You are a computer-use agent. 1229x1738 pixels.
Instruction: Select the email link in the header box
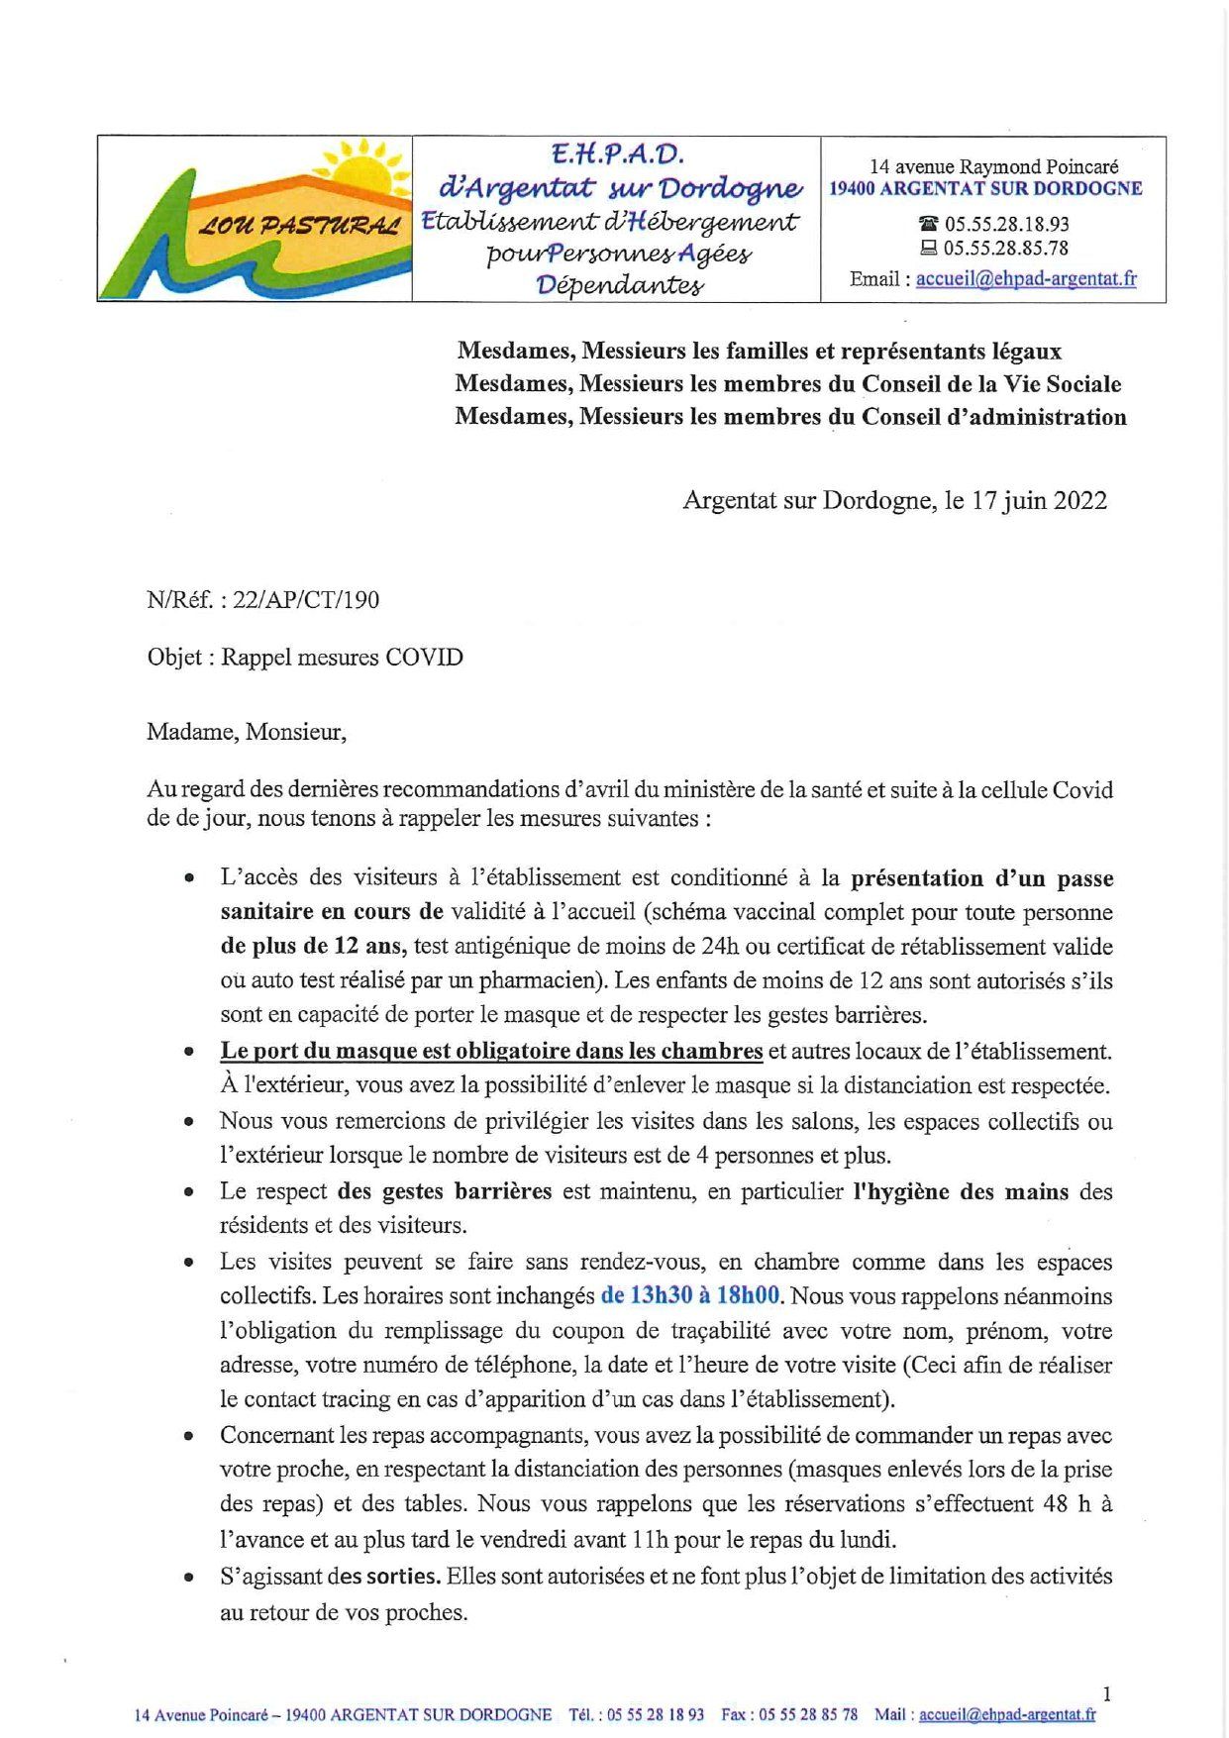click(x=1026, y=278)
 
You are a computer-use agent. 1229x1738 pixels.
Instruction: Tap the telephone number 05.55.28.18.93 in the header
click(x=1006, y=224)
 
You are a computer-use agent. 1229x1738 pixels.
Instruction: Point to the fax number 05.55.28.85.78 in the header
click(x=1006, y=249)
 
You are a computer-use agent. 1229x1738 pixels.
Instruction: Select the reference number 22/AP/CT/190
click(x=305, y=600)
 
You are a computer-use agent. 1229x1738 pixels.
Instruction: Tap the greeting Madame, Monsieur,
click(x=247, y=732)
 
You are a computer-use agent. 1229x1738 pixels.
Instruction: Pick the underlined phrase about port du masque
click(x=491, y=1051)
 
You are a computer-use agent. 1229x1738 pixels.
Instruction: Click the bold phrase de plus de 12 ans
click(x=314, y=946)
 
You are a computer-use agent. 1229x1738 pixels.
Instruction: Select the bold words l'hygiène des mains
click(x=961, y=1191)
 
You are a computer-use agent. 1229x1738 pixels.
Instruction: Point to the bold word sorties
click(x=403, y=1576)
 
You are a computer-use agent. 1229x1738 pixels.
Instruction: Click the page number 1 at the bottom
click(x=1106, y=1694)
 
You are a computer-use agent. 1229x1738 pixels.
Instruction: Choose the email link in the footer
click(x=1007, y=1714)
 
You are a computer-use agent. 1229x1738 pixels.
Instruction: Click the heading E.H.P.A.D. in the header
click(x=618, y=153)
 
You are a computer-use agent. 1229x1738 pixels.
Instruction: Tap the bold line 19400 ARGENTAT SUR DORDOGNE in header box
click(x=985, y=188)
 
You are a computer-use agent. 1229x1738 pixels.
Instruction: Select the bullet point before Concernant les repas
click(x=189, y=1437)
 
